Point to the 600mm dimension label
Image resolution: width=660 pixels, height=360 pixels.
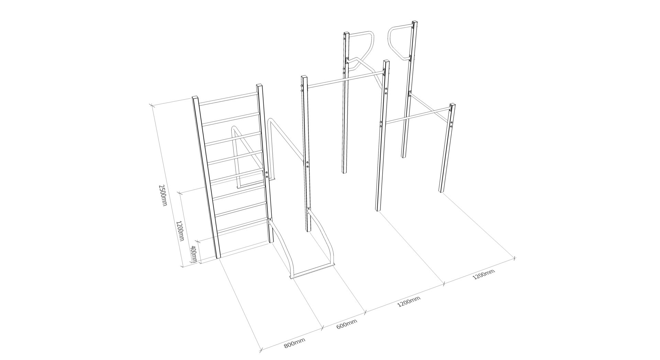click(346, 324)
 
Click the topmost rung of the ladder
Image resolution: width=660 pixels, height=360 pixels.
click(228, 98)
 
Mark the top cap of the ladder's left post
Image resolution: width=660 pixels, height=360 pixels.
click(195, 97)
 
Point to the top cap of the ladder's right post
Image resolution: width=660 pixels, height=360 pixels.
click(260, 85)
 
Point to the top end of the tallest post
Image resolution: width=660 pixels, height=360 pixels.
click(415, 22)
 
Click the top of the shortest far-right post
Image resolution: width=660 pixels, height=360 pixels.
click(453, 105)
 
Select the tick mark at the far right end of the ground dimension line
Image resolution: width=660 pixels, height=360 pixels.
click(514, 258)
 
